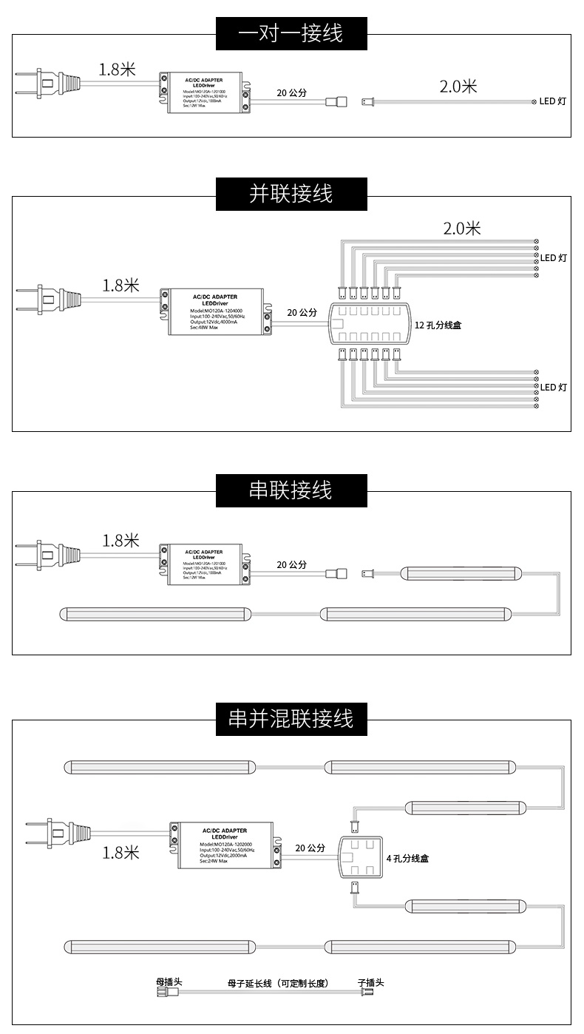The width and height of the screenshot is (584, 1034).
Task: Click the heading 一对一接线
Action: tap(291, 33)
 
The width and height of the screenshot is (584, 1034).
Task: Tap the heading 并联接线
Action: tap(291, 194)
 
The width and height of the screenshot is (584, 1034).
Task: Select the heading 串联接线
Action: tap(291, 490)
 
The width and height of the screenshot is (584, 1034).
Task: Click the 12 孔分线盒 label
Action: tap(438, 325)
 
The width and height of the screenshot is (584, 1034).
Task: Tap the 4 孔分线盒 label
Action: tap(407, 859)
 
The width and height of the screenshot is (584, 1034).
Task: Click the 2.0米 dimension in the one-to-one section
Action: tap(458, 87)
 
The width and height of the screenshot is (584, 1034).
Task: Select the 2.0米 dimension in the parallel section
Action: tap(462, 229)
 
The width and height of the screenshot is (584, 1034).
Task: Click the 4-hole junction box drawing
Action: tap(360, 856)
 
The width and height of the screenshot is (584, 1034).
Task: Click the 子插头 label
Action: tap(370, 982)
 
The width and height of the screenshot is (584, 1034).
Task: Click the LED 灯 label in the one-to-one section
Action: tap(551, 101)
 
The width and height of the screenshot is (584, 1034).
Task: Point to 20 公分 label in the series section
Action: tap(291, 564)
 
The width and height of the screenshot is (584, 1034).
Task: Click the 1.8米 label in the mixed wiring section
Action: tap(121, 853)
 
